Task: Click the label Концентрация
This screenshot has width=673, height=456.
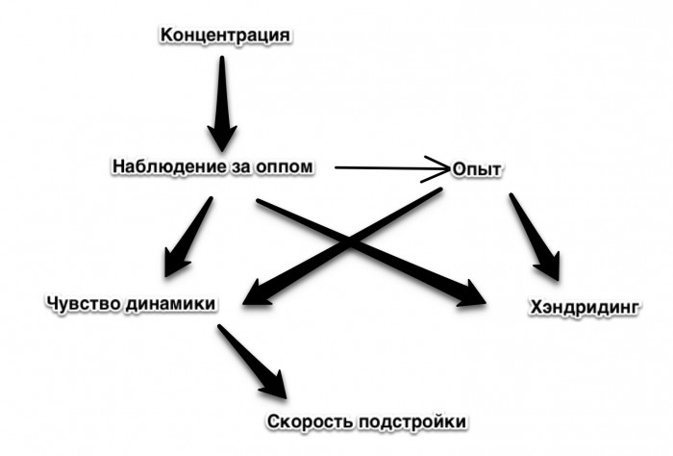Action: [x=226, y=36]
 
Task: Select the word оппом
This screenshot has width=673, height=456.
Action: [x=286, y=166]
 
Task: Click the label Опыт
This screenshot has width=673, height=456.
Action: [x=478, y=169]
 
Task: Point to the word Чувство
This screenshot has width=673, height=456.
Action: [x=82, y=303]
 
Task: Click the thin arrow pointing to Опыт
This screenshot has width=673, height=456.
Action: [x=385, y=167]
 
